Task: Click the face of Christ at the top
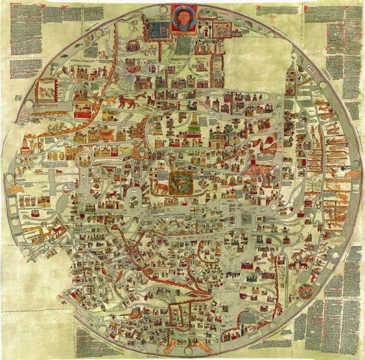point(183,18)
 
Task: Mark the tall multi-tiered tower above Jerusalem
point(193,125)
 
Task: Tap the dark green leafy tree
point(229,131)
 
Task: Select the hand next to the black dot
point(352,173)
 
